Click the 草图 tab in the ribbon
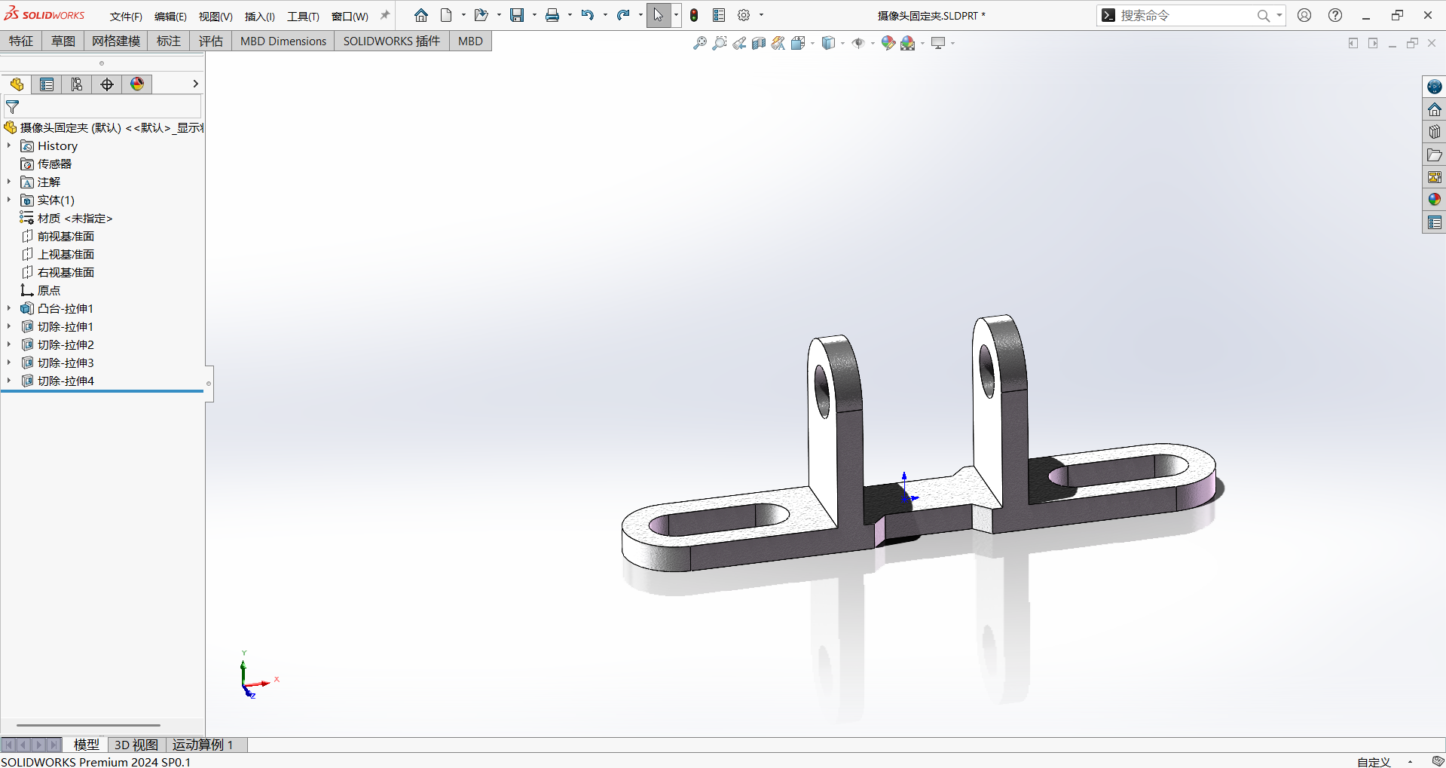[63, 41]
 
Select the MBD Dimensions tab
[283, 41]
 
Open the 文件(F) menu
[126, 16]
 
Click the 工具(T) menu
[303, 16]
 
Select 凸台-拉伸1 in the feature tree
[65, 308]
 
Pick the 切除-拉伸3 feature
[66, 363]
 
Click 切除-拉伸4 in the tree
[66, 381]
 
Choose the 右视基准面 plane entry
[66, 272]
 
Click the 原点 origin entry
[48, 290]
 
